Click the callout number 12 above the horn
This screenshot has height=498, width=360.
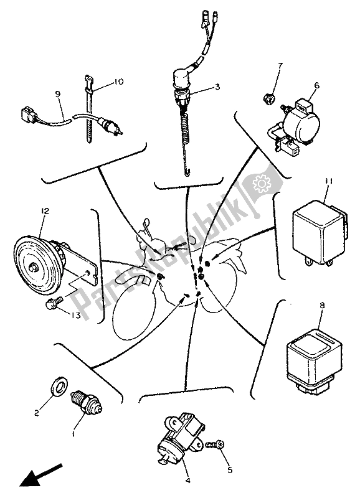tap(45, 211)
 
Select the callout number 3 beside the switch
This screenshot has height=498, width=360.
tap(217, 87)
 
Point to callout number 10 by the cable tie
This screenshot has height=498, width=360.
tap(118, 82)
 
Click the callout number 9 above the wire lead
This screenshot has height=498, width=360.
tap(57, 94)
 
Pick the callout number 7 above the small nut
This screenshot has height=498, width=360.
tap(280, 66)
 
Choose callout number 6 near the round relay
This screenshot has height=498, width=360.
tap(317, 86)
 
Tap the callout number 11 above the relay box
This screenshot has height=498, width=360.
tap(328, 181)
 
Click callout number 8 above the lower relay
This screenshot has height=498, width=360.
tap(322, 306)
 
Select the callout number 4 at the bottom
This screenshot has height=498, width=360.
tap(187, 481)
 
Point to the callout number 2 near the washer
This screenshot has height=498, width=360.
tap(36, 413)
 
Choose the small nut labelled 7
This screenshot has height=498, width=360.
tap(269, 99)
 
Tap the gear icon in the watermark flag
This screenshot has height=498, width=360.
tap(260, 183)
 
